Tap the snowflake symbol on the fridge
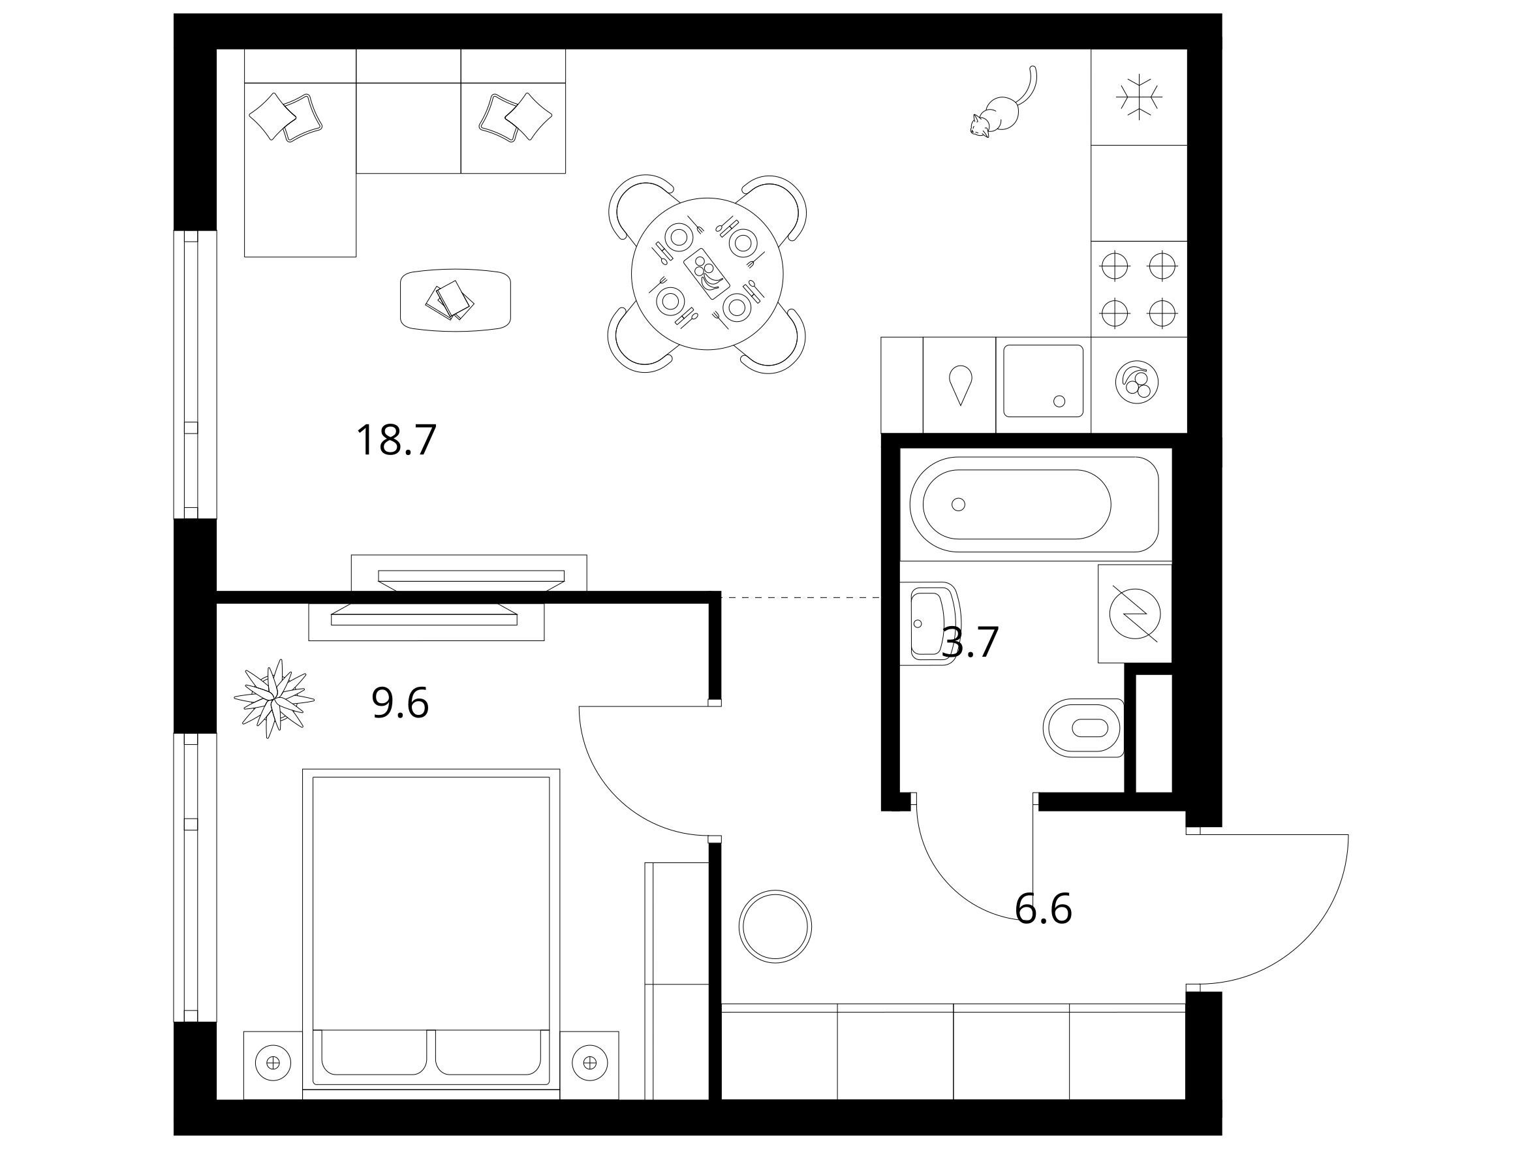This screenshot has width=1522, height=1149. [1139, 97]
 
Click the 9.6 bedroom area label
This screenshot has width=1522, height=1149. [401, 703]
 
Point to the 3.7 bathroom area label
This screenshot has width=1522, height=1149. [970, 642]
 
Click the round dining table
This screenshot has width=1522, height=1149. [707, 274]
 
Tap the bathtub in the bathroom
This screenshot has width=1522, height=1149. [1034, 504]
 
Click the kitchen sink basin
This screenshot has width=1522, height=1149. [1043, 381]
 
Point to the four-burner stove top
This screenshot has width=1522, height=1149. [1139, 289]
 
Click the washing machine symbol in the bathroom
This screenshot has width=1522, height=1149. [1134, 614]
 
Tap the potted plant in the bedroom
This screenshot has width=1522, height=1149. [274, 698]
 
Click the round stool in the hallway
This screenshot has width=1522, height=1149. [775, 926]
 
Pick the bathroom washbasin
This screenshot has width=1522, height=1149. [929, 623]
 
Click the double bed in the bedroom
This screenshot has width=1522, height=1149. [431, 928]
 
